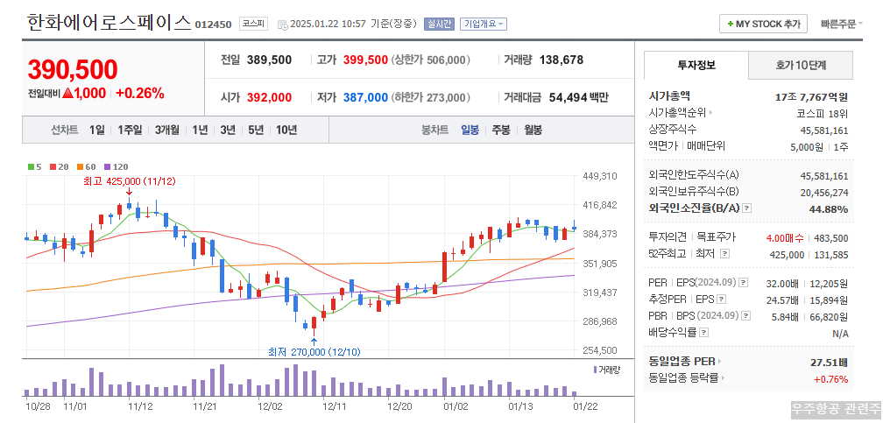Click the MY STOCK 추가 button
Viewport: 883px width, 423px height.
763,24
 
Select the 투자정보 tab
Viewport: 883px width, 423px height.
696,65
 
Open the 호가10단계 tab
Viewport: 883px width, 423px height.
801,65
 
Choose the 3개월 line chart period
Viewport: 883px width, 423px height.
167,130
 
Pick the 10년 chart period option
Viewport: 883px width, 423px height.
286,130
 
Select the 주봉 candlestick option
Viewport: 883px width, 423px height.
500,130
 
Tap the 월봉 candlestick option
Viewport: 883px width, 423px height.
533,130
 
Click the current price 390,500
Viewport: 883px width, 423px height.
72,70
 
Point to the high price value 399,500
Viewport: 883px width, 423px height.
365,60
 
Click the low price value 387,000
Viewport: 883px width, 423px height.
365,97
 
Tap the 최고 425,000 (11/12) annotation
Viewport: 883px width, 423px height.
129,181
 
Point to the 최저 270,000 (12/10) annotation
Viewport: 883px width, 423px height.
314,352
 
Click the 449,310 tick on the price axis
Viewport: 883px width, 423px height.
600,176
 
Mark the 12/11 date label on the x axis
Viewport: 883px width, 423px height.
335,406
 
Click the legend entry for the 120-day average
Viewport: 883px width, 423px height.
117,166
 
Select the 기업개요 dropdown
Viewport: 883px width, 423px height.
484,24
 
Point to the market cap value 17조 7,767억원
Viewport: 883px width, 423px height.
811,95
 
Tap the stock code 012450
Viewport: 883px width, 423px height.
213,25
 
